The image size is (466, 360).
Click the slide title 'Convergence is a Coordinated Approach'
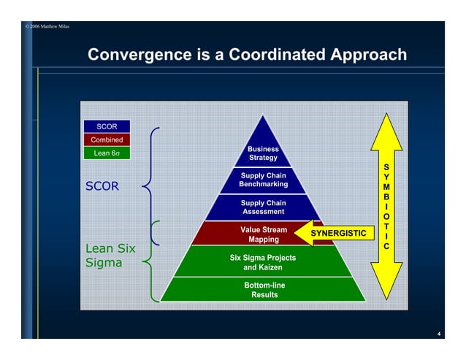click(247, 55)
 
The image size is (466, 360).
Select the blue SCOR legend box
click(107, 126)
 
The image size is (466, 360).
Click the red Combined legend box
click(107, 139)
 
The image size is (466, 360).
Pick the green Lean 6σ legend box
click(107, 153)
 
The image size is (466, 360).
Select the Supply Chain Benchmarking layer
click(263, 180)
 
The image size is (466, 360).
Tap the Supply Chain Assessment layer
click(263, 207)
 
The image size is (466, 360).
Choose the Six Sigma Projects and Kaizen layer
click(263, 262)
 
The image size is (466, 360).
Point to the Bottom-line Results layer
click(263, 289)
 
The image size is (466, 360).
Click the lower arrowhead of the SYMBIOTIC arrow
click(387, 281)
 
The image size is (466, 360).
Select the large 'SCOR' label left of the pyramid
click(102, 186)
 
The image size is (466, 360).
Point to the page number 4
click(438, 334)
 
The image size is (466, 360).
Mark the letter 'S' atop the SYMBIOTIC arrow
click(386, 166)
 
